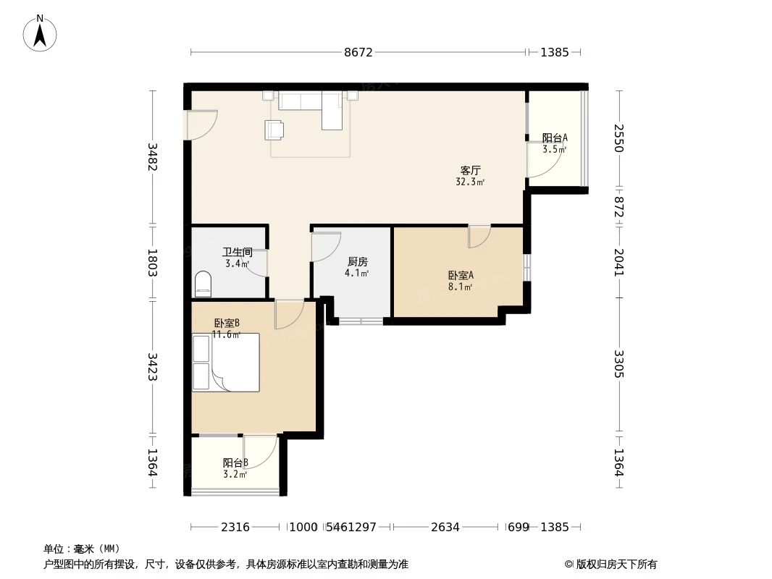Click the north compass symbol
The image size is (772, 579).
[41, 33]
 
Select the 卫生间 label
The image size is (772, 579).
[237, 252]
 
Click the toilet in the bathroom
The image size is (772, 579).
[204, 283]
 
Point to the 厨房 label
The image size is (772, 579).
[357, 261]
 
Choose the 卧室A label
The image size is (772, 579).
[461, 275]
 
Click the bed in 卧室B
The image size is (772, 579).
[225, 363]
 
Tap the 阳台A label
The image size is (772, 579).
[555, 138]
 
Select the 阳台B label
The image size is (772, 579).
[235, 462]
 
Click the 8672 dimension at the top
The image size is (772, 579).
[358, 52]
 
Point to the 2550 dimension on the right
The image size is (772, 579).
[618, 138]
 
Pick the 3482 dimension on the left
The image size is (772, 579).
[152, 156]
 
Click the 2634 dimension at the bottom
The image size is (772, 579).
[445, 527]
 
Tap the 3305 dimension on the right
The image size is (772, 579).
[618, 364]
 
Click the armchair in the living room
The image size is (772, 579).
[275, 129]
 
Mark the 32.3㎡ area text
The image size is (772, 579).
[470, 182]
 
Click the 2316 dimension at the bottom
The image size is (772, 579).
[235, 527]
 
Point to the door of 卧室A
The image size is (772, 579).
[479, 236]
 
